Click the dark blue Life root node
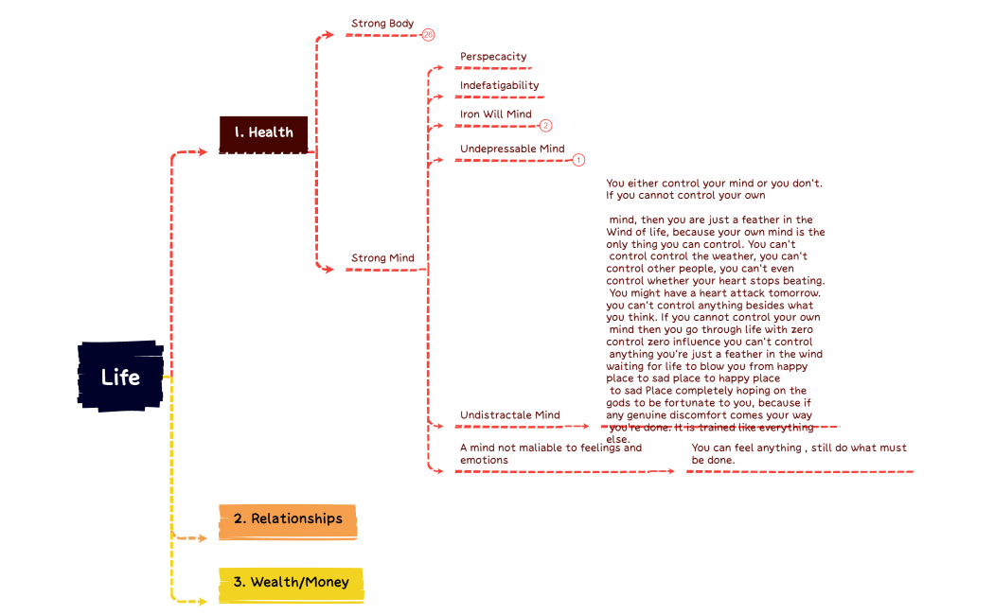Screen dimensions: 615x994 (x=120, y=377)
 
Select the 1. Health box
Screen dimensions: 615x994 (x=264, y=132)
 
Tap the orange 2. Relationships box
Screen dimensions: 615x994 (x=288, y=519)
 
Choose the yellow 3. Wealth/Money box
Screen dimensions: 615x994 (x=291, y=582)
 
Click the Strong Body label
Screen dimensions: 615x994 (x=382, y=24)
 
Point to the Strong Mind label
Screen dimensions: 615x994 (x=382, y=258)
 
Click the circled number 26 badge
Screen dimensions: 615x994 (x=428, y=35)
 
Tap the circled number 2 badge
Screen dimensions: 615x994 (x=545, y=125)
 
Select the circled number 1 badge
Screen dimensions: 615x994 (x=578, y=160)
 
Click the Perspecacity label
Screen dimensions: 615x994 (x=493, y=57)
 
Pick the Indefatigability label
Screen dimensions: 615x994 (x=499, y=86)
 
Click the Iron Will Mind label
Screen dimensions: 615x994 (x=495, y=114)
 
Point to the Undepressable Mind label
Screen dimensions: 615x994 (x=512, y=149)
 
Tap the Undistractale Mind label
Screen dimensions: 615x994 (x=509, y=415)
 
